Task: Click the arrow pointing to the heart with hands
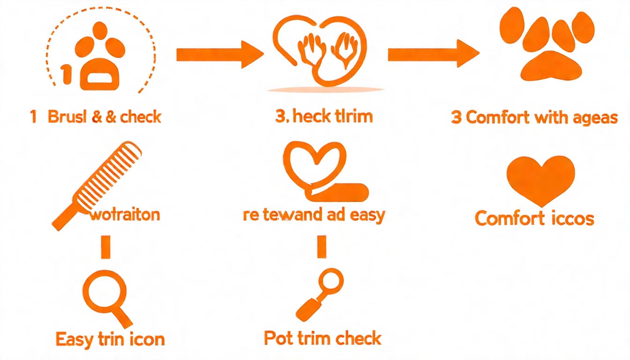click(x=219, y=55)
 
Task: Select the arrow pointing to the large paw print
click(x=433, y=55)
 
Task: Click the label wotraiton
click(x=125, y=215)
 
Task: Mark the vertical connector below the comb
click(x=105, y=247)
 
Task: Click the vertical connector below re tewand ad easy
click(x=322, y=247)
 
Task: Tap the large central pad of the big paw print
click(x=551, y=66)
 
